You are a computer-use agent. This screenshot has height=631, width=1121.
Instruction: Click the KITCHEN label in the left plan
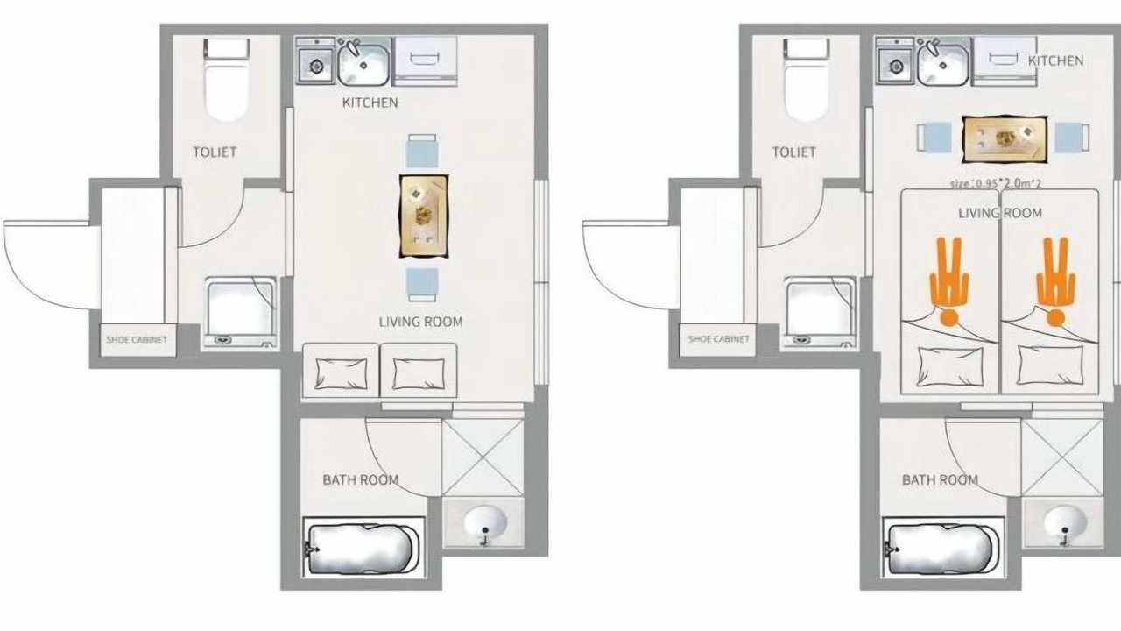coord(370,103)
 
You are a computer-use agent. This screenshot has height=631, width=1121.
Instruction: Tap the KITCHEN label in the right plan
coord(1055,61)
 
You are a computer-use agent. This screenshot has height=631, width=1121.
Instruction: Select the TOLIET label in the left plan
coord(215,152)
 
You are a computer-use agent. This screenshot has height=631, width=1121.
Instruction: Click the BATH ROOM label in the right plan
coord(940,479)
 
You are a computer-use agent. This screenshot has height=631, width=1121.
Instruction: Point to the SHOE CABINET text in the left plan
coord(137,339)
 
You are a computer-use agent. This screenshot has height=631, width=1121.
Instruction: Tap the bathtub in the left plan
coord(363,549)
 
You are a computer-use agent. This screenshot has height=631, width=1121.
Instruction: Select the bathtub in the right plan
coord(942,549)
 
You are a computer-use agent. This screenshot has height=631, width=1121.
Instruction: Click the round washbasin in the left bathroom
coord(484,523)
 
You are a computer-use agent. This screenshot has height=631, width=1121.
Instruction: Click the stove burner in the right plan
coord(896,66)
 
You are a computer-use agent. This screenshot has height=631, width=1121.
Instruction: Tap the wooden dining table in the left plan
coord(424,216)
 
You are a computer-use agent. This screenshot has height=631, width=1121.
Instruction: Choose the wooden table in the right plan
coord(1005,139)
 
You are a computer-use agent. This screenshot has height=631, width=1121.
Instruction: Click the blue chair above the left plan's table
coord(422,151)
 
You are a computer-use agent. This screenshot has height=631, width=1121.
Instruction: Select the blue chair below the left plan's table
coord(422,285)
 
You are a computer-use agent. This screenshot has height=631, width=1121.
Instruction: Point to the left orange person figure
coord(949,280)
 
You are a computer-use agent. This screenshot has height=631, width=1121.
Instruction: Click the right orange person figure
coord(1055,280)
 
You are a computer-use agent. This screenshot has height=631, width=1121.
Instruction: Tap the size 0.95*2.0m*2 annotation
coord(996,183)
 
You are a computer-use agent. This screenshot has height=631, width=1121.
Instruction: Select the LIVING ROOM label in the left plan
coord(420,322)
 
